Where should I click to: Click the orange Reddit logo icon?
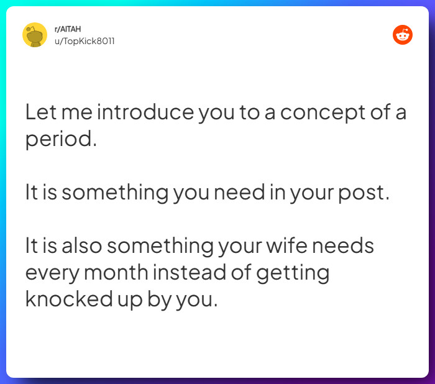[403, 35]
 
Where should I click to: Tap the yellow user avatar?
[35, 35]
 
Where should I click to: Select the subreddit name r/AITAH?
[68, 29]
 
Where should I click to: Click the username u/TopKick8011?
[85, 41]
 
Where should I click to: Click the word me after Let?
[75, 113]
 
